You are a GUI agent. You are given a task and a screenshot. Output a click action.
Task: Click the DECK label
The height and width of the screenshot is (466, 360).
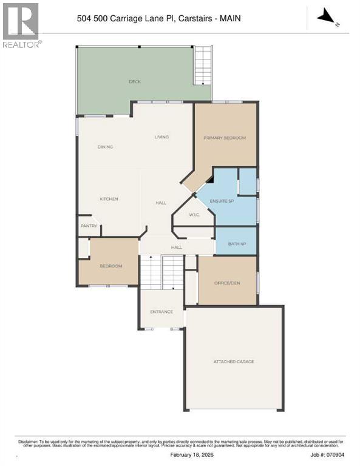(134, 81)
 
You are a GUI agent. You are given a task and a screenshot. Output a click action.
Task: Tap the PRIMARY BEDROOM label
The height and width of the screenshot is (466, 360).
(225, 138)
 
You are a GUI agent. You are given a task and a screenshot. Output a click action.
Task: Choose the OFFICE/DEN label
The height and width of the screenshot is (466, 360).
(227, 283)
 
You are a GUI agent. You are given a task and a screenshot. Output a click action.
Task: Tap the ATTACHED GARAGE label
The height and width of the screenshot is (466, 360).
(234, 362)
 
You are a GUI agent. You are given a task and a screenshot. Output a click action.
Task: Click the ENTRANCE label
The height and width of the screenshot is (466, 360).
(161, 312)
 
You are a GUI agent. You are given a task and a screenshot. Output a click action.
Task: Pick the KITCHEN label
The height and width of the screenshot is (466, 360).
(109, 199)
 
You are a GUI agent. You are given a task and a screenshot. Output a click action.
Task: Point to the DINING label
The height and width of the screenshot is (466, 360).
(106, 147)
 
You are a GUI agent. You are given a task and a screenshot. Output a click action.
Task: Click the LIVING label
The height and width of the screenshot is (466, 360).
(161, 137)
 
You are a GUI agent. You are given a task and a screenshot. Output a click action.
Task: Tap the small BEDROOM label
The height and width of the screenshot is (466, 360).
(111, 266)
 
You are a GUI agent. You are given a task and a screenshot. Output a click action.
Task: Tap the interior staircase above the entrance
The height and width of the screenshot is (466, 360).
(161, 271)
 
